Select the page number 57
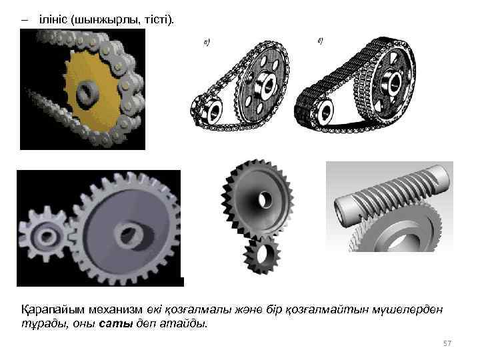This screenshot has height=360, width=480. pos(447,343)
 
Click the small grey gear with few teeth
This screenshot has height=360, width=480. pos(46,235)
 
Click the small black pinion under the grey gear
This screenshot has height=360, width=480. pos(262,256)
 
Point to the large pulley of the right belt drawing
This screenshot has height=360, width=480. pos(391,84)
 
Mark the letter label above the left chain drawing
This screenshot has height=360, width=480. pos(207,43)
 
